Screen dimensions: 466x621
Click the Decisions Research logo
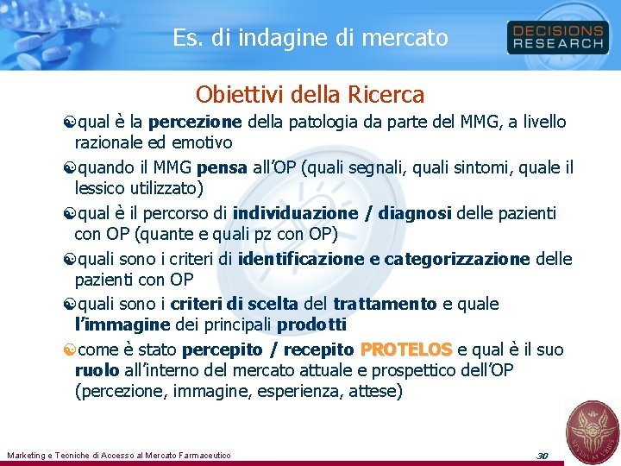tap(557, 37)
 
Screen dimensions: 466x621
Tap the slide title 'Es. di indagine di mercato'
tap(310, 38)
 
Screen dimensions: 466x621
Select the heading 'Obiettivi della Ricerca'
tap(310, 93)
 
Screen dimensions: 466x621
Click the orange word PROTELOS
tap(405, 349)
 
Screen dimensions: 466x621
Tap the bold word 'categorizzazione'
tap(457, 258)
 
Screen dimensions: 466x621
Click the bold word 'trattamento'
tap(386, 304)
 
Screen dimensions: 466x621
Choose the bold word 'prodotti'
tap(311, 324)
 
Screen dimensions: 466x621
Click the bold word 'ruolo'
tap(97, 370)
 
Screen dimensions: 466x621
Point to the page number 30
tap(543, 455)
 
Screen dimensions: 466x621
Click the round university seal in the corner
tap(591, 429)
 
